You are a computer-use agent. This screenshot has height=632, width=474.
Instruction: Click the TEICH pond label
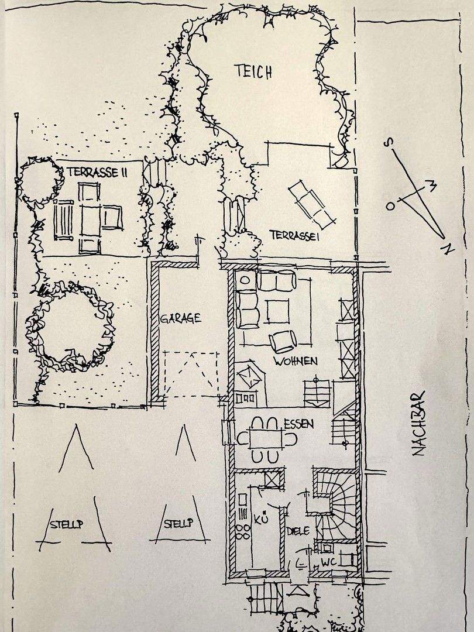[x=253, y=71]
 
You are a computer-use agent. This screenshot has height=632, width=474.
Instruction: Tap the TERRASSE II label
[x=97, y=172]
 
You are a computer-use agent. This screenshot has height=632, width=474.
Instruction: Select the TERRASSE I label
[x=294, y=235]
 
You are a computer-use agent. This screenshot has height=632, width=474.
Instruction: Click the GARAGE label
[x=180, y=318]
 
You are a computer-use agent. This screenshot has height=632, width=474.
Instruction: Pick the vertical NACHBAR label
[x=420, y=423]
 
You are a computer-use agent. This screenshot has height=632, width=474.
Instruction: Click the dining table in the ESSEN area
[x=267, y=438]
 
